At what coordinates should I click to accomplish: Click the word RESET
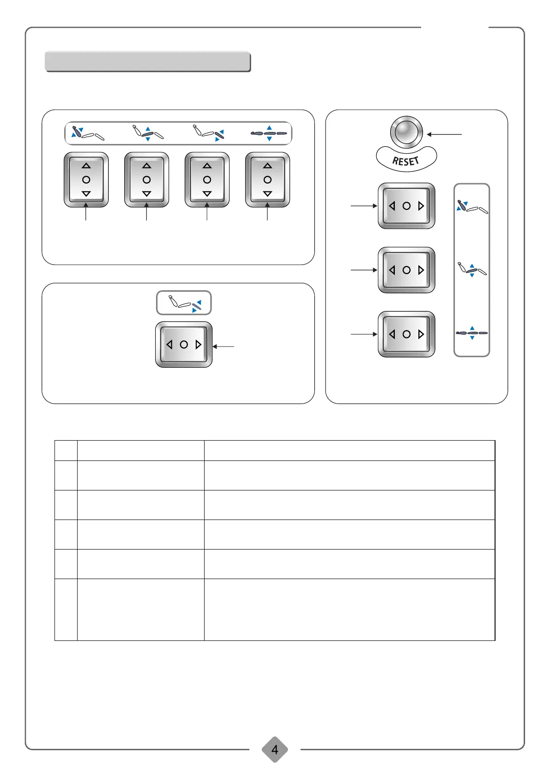[x=405, y=161]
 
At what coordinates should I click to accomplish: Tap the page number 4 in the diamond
[x=275, y=749]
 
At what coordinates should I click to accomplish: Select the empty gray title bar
[x=148, y=62]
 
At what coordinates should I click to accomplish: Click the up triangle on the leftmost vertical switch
[x=86, y=166]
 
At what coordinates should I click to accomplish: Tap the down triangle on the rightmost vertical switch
[x=267, y=194]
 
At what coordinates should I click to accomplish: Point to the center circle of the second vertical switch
[x=147, y=179]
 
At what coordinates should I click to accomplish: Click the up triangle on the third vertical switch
[x=207, y=166]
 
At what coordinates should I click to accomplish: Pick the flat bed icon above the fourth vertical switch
[x=269, y=133]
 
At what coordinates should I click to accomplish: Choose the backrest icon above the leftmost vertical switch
[x=87, y=133]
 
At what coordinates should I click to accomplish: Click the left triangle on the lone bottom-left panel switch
[x=169, y=345]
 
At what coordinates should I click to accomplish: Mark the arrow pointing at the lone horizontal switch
[x=224, y=346]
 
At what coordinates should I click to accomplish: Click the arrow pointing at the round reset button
[x=444, y=134]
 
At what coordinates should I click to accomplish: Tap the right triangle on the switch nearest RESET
[x=421, y=206]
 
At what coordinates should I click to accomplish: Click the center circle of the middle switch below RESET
[x=406, y=270]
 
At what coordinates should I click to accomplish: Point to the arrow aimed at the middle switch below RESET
[x=364, y=270]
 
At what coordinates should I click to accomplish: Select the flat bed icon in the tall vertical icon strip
[x=471, y=332]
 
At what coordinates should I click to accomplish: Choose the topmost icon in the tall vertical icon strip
[x=471, y=207]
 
